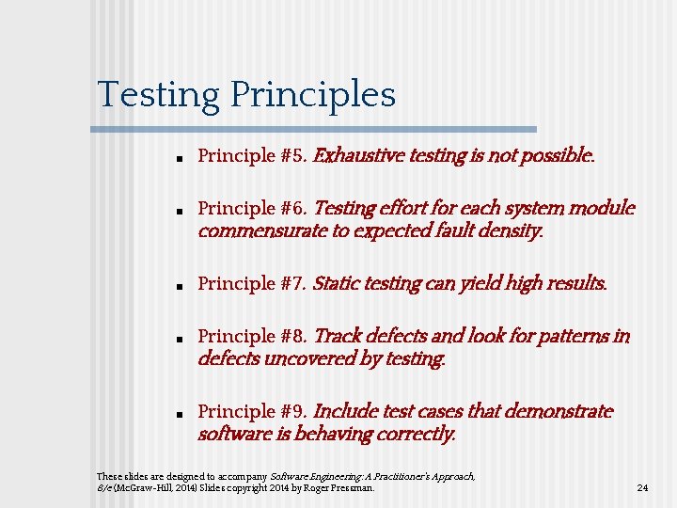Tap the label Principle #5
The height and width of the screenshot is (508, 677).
point(252,155)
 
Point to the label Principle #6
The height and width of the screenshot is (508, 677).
point(252,208)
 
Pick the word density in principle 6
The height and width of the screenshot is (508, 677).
point(512,230)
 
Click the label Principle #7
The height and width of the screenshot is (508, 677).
point(252,283)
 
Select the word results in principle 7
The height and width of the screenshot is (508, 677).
point(575,283)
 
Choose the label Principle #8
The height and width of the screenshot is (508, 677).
point(252,336)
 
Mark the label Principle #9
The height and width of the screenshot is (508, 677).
point(252,411)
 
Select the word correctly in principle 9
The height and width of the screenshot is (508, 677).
point(415,434)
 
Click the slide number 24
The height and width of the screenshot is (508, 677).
point(643,488)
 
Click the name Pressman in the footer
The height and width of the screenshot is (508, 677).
point(354,488)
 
